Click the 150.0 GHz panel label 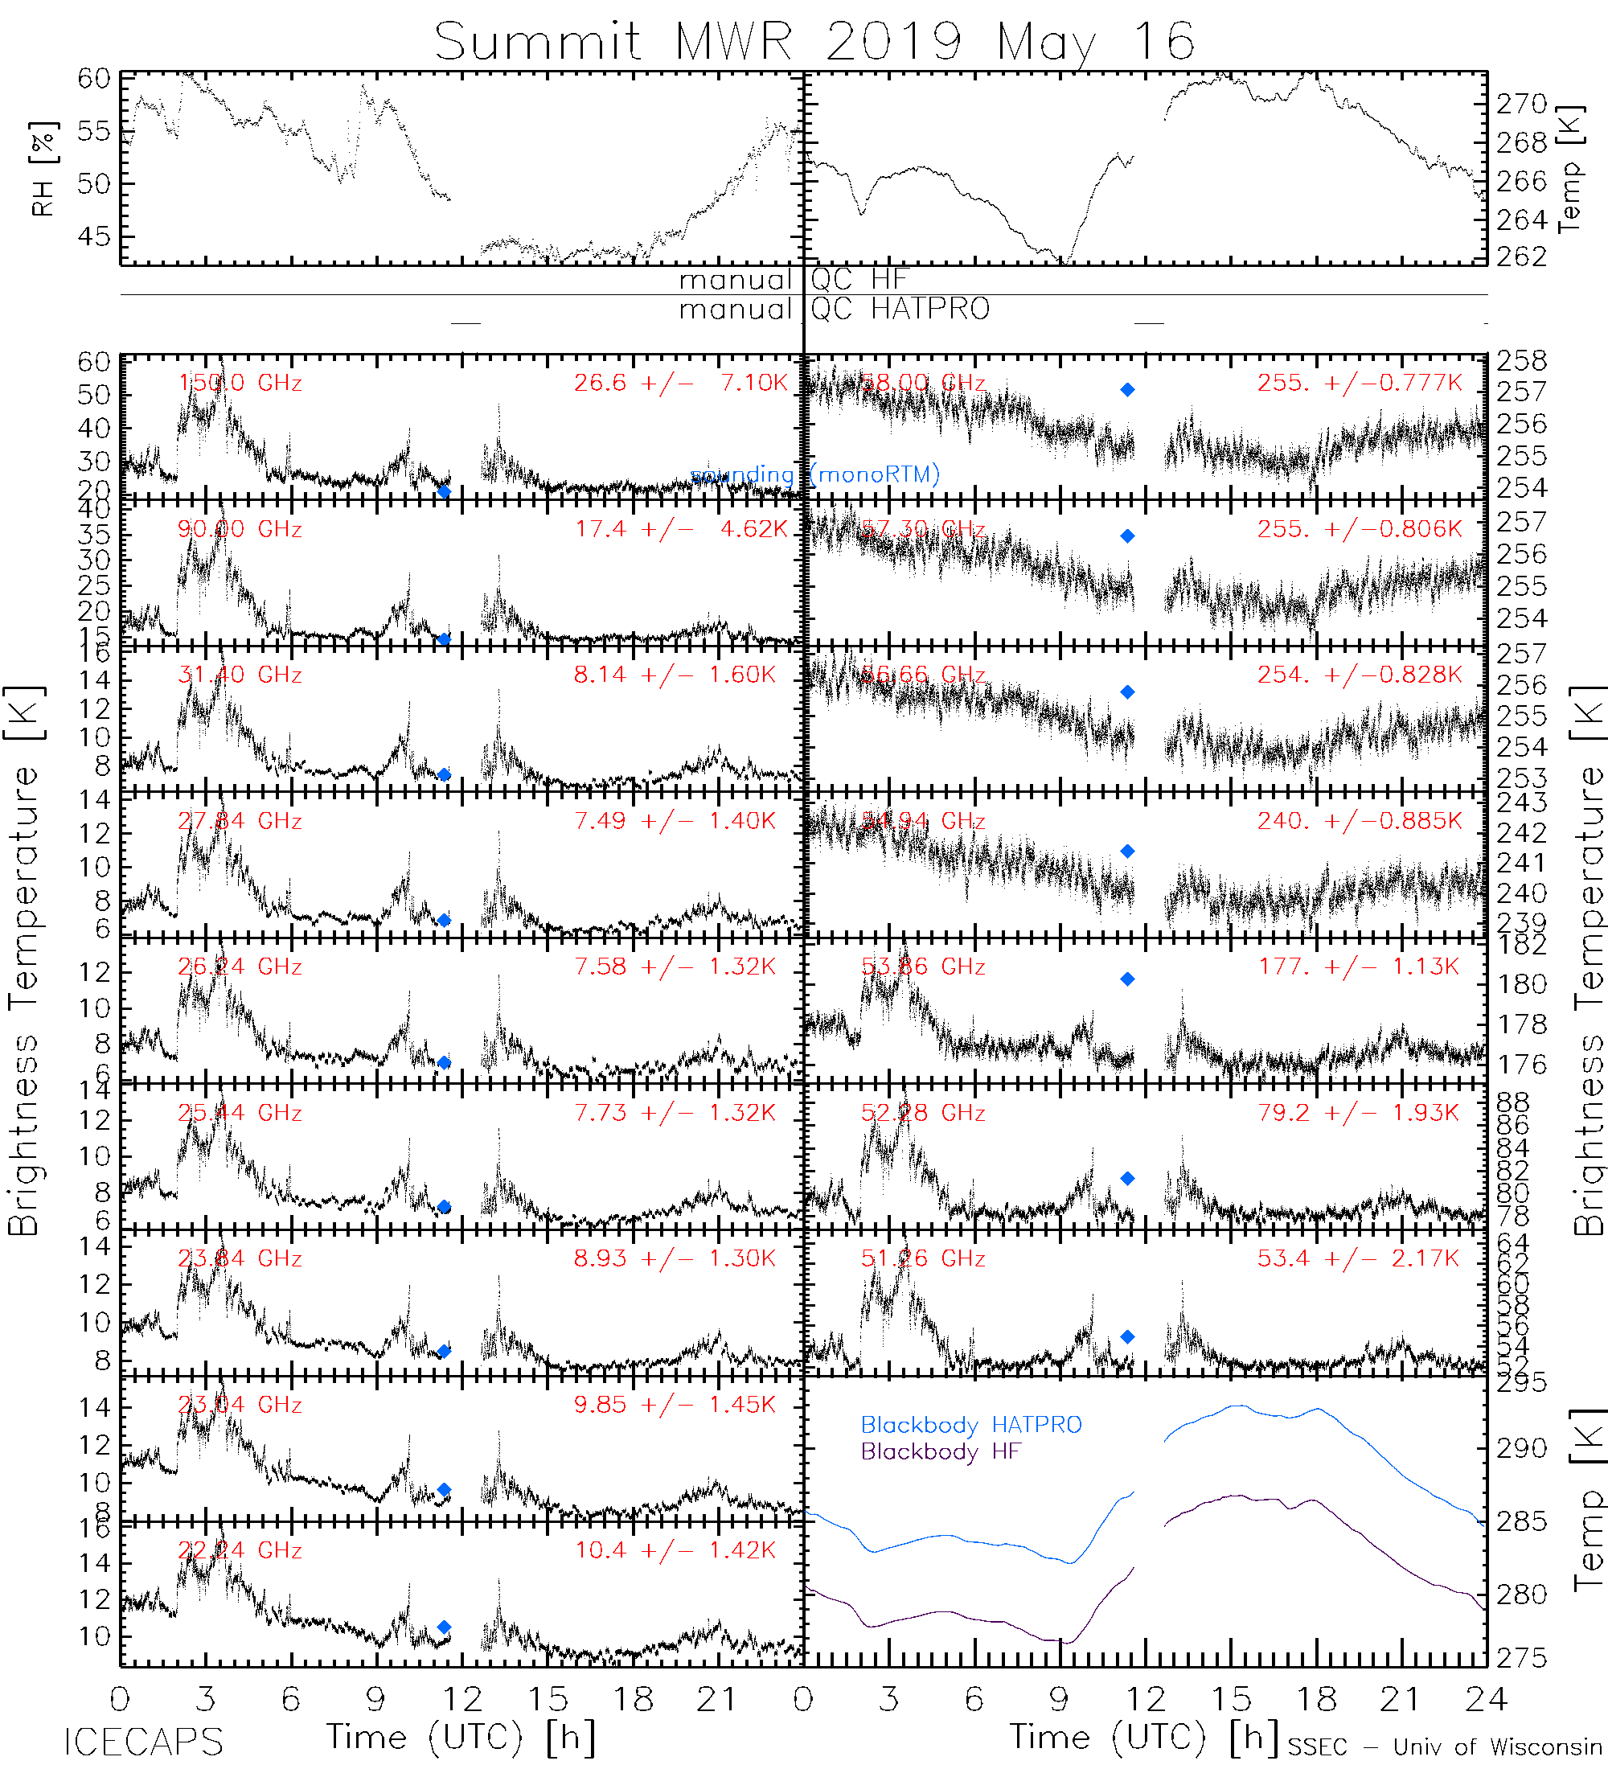tap(240, 384)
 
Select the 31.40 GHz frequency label tap(240, 675)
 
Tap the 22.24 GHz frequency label tap(240, 1550)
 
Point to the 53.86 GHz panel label tap(922, 967)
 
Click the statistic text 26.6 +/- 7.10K tap(681, 384)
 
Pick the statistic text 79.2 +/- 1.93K tap(1357, 1113)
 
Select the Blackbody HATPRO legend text tap(971, 1425)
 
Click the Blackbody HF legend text tap(941, 1451)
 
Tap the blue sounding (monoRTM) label tap(814, 475)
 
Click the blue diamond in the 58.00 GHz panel tap(1127, 390)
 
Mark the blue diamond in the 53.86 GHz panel tap(1127, 979)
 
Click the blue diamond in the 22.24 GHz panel tap(444, 1627)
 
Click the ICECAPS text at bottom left tap(143, 1742)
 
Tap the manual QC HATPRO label tap(834, 310)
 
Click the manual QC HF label tap(792, 280)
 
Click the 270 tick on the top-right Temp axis tap(1521, 105)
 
